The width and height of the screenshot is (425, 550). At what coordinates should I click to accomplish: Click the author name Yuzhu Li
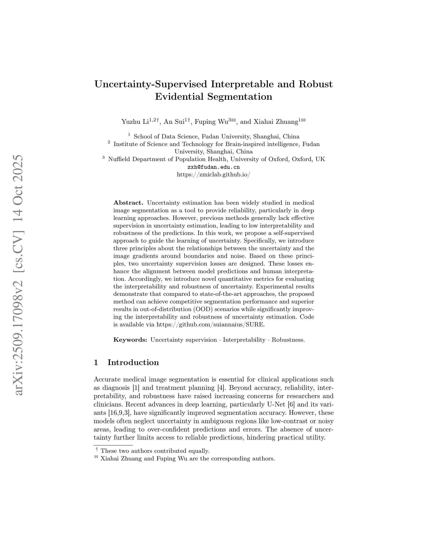pos(135,122)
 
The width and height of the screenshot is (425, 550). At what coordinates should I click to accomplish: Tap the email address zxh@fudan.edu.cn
pos(213,167)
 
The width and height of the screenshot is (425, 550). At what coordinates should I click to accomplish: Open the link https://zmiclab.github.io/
pos(213,175)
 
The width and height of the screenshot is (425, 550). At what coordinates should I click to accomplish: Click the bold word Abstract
pos(128,203)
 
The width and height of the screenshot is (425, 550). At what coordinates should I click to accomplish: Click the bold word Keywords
pos(130,340)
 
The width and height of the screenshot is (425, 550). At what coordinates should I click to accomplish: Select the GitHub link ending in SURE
pos(210,324)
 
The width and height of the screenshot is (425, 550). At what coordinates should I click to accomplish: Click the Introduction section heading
pos(133,362)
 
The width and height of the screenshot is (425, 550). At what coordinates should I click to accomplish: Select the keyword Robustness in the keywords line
pos(288,340)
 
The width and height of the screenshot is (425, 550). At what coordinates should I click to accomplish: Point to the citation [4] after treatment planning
pos(221,388)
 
